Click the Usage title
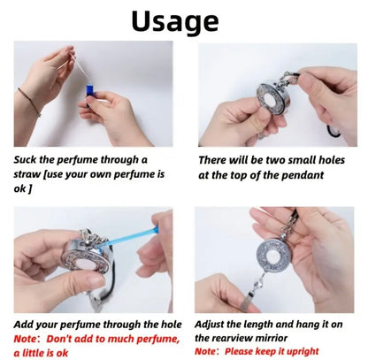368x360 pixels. pyautogui.click(x=175, y=21)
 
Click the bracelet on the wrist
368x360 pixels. pyautogui.click(x=29, y=102)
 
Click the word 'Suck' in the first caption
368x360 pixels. pyautogui.click(x=25, y=160)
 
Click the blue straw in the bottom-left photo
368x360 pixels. pyautogui.click(x=129, y=236)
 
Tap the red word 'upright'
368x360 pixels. pyautogui.click(x=303, y=352)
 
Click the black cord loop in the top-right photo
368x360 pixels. pyautogui.click(x=333, y=131)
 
